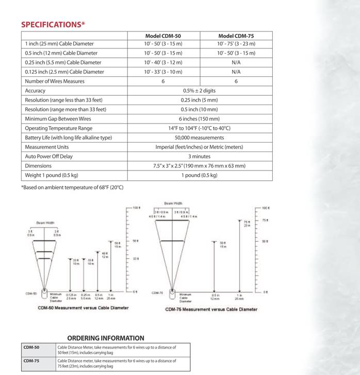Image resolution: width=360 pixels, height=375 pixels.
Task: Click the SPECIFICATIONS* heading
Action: [x=53, y=24]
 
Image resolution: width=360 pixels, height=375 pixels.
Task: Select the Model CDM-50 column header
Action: [x=163, y=36]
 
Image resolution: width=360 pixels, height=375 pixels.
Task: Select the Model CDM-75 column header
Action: [x=236, y=36]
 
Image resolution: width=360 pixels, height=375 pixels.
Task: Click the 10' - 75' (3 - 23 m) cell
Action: [x=236, y=44]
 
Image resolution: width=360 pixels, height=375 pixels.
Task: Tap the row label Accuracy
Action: [x=36, y=91]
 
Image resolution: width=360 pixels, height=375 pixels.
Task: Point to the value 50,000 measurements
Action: [x=199, y=138]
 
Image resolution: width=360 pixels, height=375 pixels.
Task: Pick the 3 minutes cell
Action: [x=199, y=156]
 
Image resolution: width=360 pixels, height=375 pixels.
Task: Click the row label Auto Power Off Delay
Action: [x=49, y=156]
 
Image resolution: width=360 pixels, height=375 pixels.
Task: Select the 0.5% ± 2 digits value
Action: [x=199, y=91]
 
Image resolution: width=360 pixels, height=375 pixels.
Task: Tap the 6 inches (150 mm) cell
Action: [x=199, y=118]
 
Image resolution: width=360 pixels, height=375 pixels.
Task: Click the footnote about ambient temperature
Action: [x=72, y=187]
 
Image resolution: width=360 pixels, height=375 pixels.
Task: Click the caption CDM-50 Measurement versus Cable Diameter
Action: [x=83, y=308]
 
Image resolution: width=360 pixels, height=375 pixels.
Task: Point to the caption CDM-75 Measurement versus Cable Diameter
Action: [x=211, y=309]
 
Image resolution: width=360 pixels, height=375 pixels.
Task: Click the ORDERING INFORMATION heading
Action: [x=106, y=338]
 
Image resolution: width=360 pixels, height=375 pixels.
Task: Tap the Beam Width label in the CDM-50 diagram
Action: [x=45, y=223]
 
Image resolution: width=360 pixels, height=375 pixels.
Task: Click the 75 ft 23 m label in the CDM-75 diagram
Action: [x=246, y=224]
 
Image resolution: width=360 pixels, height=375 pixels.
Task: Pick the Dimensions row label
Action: [x=38, y=166]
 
